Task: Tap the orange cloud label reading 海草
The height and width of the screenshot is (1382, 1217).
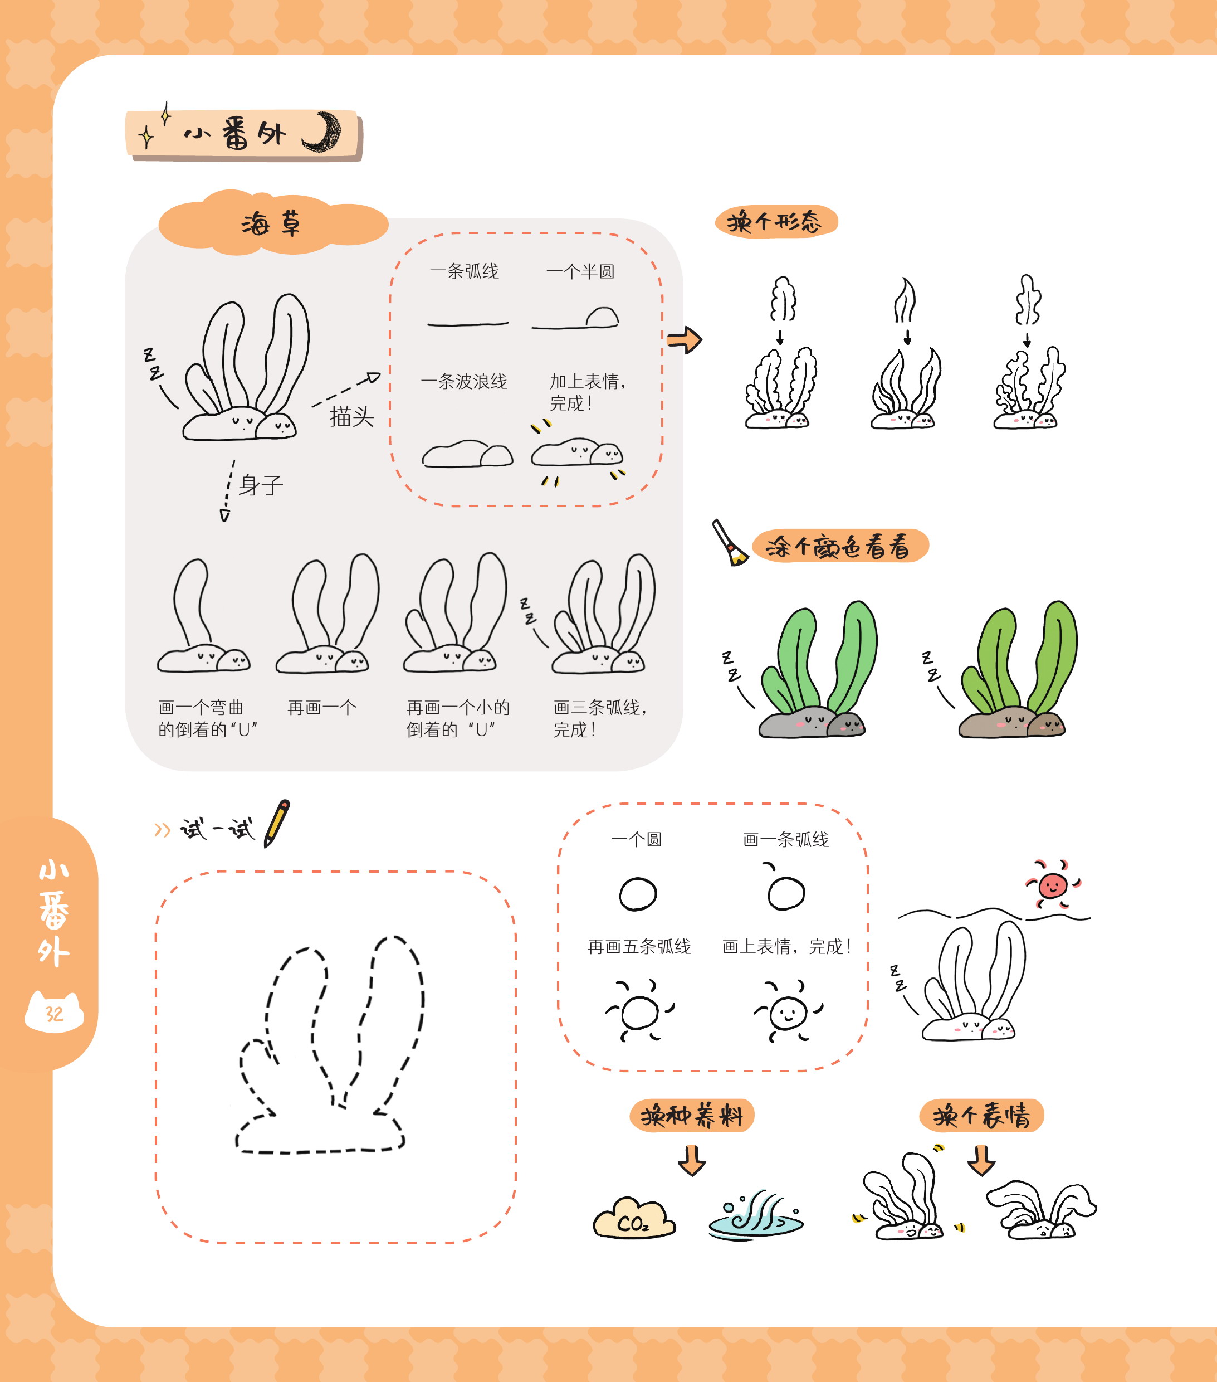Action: tap(272, 223)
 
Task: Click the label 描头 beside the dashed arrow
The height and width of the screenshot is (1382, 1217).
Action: tap(351, 416)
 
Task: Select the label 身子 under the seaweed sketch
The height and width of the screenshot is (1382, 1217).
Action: tap(261, 484)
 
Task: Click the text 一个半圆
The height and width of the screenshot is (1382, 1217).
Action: tap(580, 271)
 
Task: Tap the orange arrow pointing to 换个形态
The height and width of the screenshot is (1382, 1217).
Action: tap(684, 339)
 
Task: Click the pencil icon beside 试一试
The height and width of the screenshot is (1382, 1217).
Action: tap(277, 823)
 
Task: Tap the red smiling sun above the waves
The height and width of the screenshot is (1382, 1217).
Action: tap(1053, 884)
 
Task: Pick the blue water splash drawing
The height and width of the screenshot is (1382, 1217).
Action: tap(755, 1216)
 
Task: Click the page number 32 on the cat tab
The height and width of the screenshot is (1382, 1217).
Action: tap(54, 1014)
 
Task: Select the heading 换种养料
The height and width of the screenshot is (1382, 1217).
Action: tap(692, 1116)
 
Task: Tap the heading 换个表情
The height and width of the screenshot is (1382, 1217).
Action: tap(982, 1116)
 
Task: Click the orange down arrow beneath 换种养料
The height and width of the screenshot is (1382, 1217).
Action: tap(691, 1160)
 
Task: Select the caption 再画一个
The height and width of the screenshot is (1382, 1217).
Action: tap(322, 707)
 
